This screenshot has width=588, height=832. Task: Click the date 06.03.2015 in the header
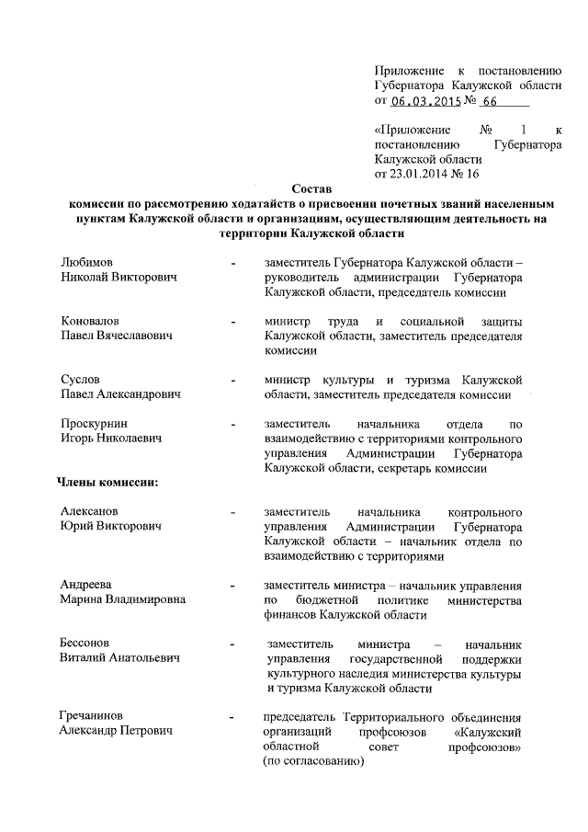(425, 101)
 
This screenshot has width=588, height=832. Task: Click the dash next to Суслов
(235, 381)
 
